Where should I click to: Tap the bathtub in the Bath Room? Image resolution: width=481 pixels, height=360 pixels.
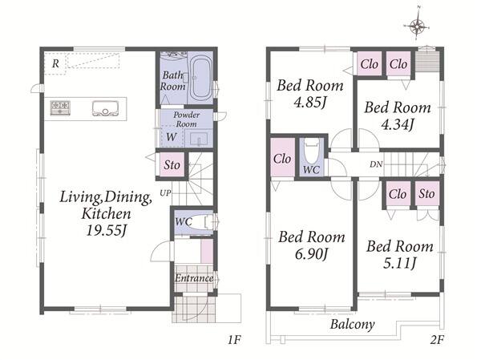coord(200,79)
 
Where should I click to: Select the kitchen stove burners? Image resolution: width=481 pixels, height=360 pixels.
coord(60,107)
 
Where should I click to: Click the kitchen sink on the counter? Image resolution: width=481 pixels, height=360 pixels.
coord(105,108)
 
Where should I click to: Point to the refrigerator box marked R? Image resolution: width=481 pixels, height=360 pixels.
coord(55,63)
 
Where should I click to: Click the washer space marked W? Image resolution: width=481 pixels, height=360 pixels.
coord(172,136)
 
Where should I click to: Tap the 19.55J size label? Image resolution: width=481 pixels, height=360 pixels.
coord(107,229)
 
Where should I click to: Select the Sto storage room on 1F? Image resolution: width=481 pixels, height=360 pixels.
coord(172,164)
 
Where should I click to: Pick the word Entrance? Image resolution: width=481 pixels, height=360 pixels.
coord(194,278)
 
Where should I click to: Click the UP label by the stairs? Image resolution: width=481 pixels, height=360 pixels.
coord(165,193)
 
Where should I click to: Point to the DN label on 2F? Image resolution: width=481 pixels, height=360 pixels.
coord(376,164)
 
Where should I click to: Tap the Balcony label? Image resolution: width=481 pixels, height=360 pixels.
coord(353,324)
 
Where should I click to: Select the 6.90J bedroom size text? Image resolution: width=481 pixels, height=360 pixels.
coord(312,253)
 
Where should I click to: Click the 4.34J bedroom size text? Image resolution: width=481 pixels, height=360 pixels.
coord(398,124)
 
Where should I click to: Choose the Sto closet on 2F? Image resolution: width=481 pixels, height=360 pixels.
coord(427,194)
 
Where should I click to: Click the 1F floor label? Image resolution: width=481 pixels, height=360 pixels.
coord(234,340)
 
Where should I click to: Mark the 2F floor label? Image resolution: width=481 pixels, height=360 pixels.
coord(437,340)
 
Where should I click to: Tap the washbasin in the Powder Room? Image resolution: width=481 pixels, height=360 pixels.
coord(199,139)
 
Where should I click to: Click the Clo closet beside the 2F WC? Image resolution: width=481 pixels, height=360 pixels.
coord(282,159)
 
